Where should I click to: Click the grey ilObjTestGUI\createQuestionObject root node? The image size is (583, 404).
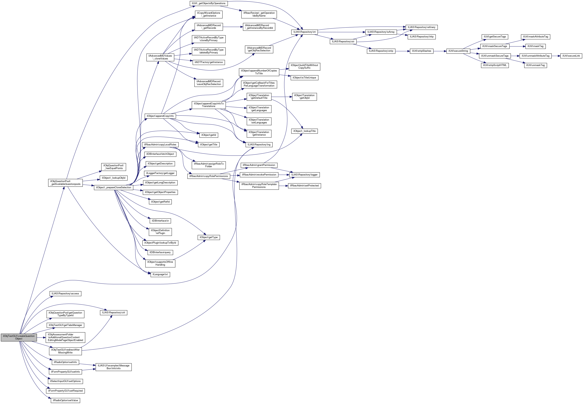tap(19, 337)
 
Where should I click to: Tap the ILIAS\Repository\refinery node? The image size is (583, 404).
tap(421, 27)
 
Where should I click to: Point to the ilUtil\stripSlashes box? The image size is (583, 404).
tap(421, 51)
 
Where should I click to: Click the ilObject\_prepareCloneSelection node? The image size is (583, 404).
tap(113, 188)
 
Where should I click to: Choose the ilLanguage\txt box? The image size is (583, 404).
tap(160, 274)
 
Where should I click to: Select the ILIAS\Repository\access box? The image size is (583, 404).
tap(65, 294)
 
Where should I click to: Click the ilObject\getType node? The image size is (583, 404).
tap(208, 237)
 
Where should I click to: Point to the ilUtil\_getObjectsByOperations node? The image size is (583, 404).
tap(208, 3)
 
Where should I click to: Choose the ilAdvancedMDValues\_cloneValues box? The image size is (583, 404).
tap(160, 57)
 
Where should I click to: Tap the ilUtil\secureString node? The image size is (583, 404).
tap(458, 51)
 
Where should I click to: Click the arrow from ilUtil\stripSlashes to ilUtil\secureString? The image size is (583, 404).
tap(440, 51)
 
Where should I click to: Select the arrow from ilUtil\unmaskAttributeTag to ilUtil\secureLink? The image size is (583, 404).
tap(556, 56)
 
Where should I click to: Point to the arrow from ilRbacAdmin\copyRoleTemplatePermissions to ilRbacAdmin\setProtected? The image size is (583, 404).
tap(283, 186)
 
